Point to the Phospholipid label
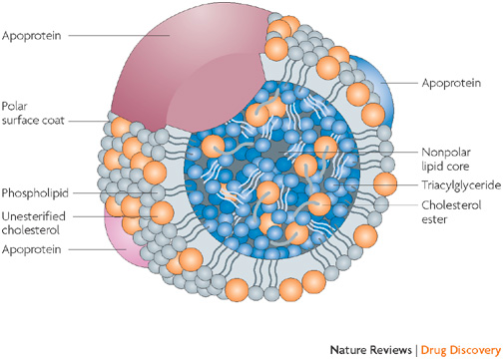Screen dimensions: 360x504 click(35, 188)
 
